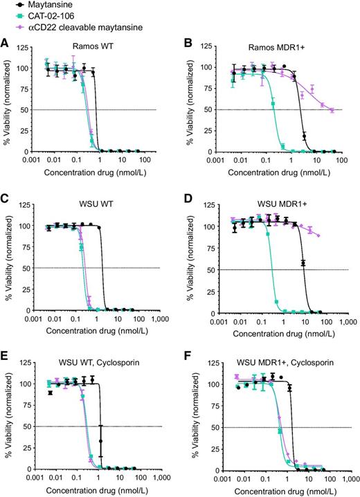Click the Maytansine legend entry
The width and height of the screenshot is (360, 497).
41,6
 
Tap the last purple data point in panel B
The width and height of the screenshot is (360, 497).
332,110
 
